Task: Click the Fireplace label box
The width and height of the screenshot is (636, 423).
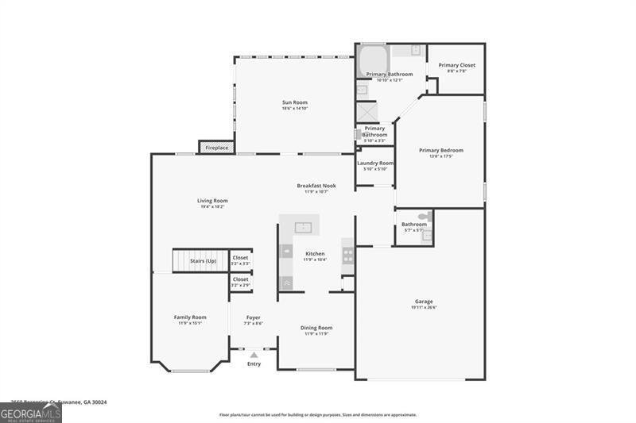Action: point(216,148)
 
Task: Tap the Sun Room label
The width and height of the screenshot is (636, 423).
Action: point(294,102)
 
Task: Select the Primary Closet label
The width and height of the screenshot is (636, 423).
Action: point(456,65)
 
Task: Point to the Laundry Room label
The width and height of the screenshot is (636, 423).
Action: point(374,163)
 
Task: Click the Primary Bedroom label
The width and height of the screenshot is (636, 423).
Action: point(440,150)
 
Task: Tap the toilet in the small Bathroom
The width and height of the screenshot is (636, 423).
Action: point(425,216)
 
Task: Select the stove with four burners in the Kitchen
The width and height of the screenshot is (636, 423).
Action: point(347,256)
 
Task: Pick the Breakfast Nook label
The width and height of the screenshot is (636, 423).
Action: point(316,186)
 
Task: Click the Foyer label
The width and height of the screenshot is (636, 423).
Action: point(253,317)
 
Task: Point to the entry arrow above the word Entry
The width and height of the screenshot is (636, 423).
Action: point(254,354)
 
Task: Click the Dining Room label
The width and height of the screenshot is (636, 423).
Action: point(316,328)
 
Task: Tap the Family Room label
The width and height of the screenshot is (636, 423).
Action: point(190,317)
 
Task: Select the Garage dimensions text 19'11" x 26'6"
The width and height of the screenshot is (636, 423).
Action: point(424,307)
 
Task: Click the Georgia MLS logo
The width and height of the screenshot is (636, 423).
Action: point(30,413)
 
